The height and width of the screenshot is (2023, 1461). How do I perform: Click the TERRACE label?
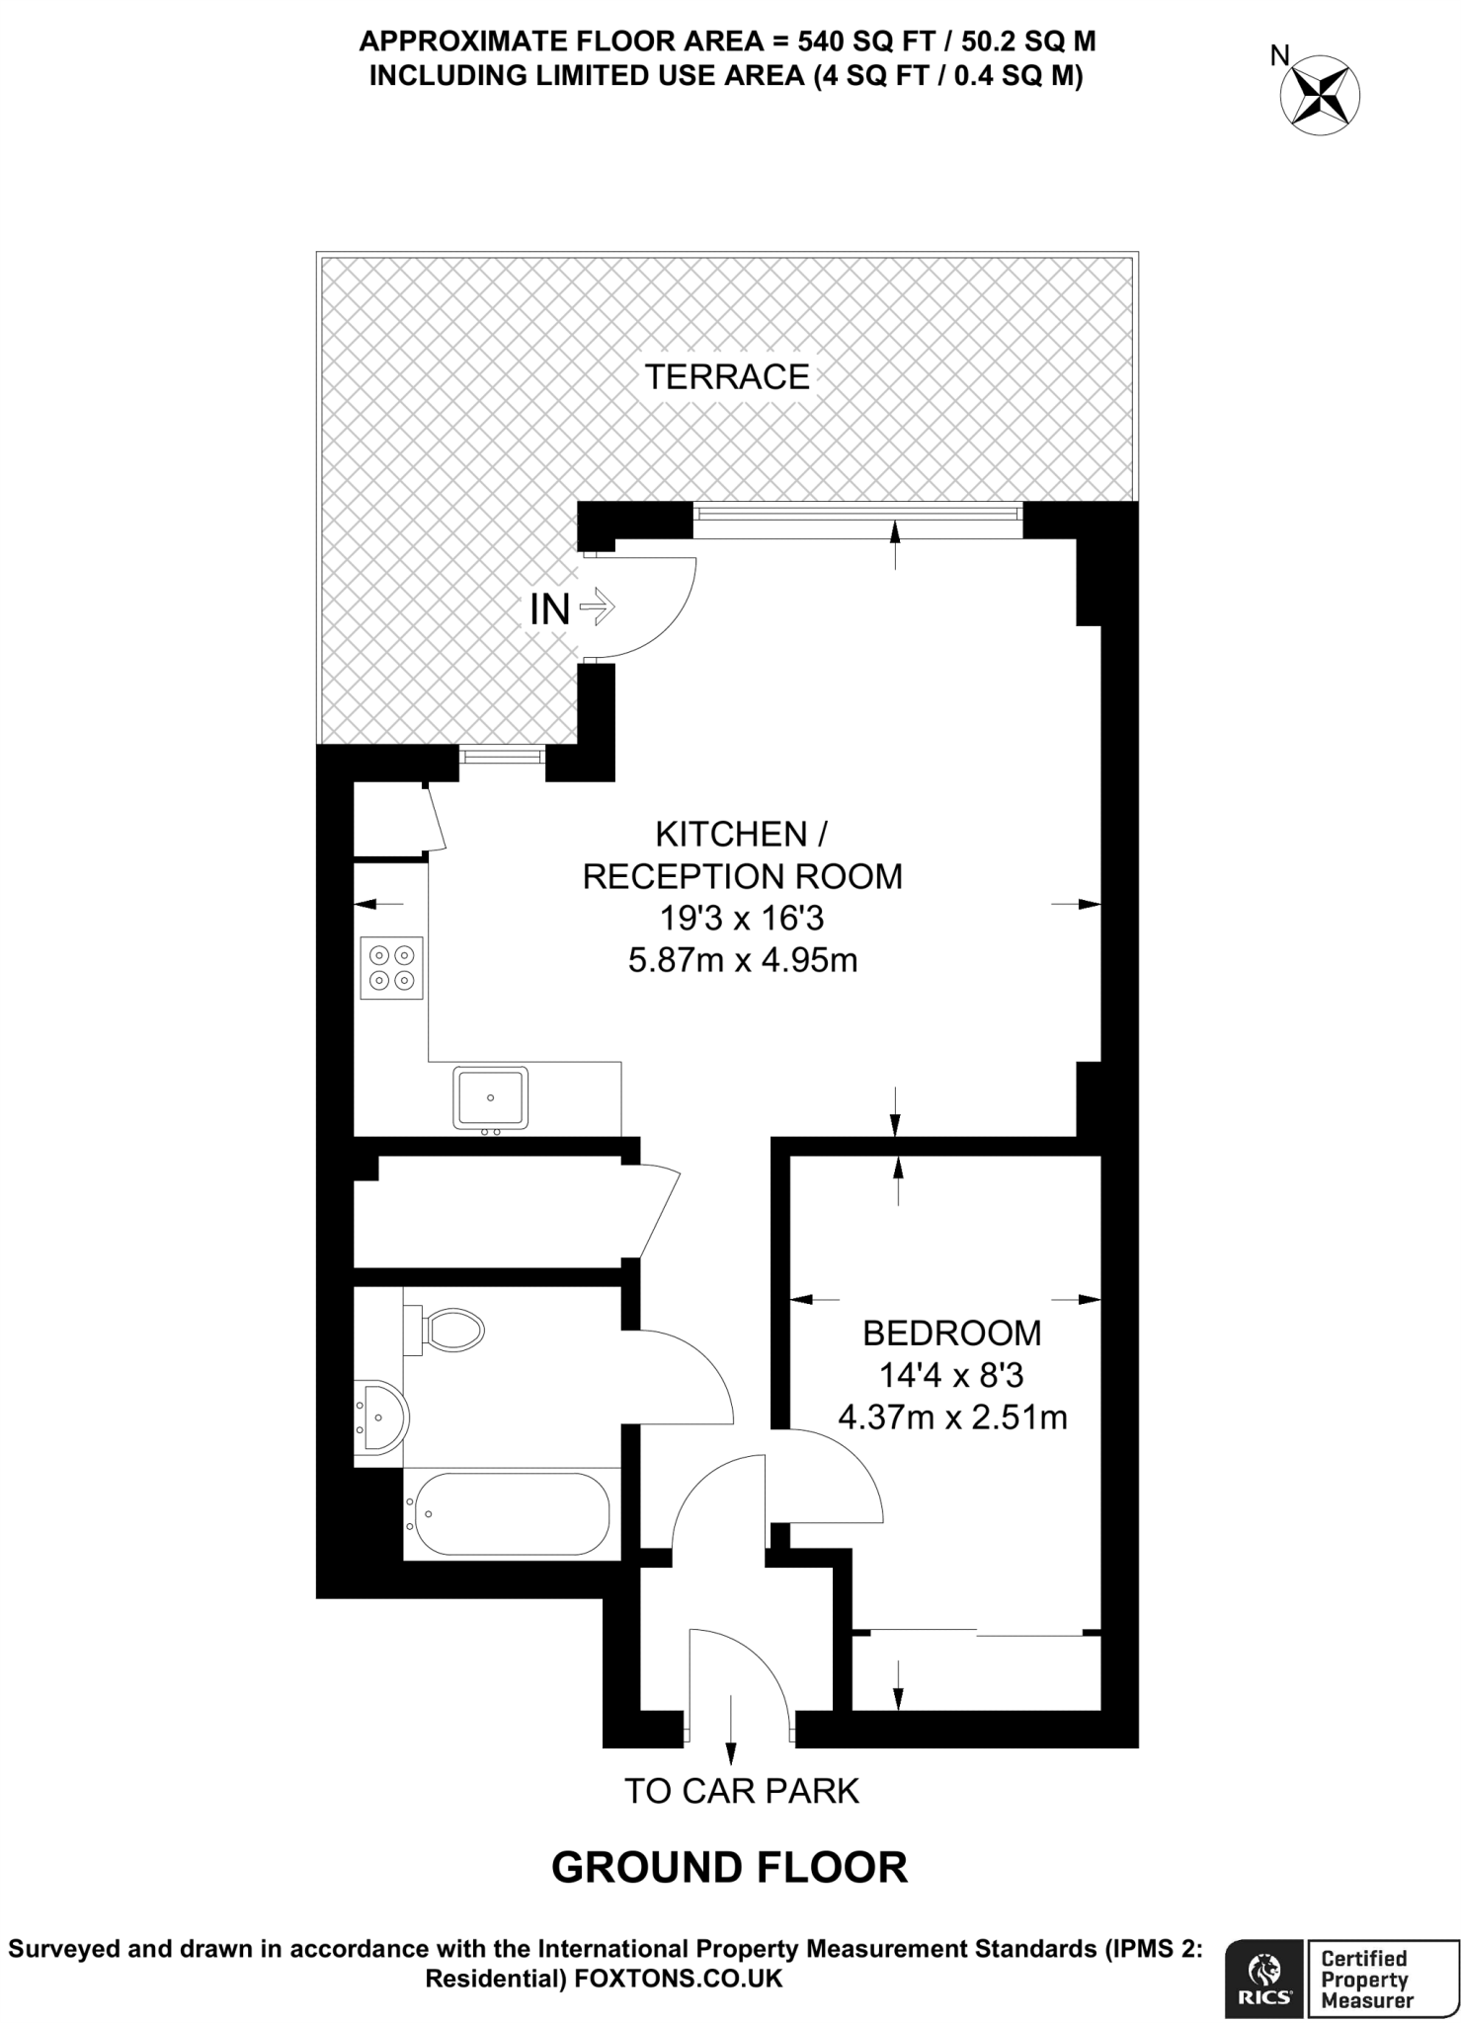(727, 376)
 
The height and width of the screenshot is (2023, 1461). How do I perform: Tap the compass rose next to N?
(1320, 97)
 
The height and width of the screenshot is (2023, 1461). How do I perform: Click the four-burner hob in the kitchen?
(391, 967)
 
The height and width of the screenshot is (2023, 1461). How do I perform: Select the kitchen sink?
(490, 1096)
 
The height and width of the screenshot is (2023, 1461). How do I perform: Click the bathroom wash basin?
(381, 1418)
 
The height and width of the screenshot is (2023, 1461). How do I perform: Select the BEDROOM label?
(951, 1333)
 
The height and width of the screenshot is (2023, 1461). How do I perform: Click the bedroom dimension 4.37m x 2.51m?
(951, 1417)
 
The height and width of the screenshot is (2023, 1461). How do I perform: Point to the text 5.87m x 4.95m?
(742, 960)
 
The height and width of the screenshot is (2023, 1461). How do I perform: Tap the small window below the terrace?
(503, 756)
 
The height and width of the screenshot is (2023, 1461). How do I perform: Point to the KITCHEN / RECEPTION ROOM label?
(742, 855)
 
